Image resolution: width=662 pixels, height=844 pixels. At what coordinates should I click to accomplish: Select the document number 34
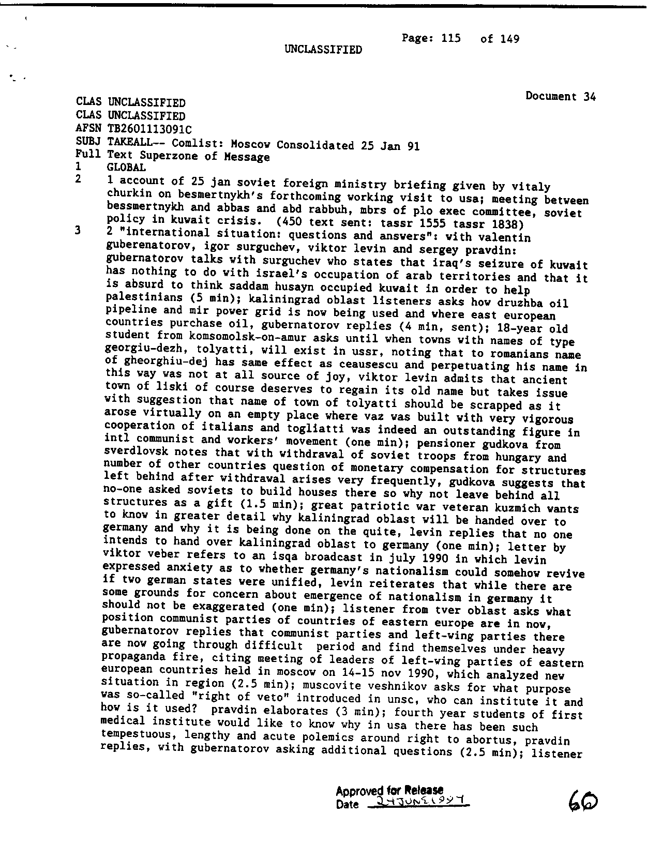(590, 96)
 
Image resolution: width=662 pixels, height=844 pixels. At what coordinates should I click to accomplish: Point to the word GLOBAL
(126, 167)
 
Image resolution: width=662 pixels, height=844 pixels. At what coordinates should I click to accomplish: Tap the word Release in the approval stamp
(424, 790)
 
